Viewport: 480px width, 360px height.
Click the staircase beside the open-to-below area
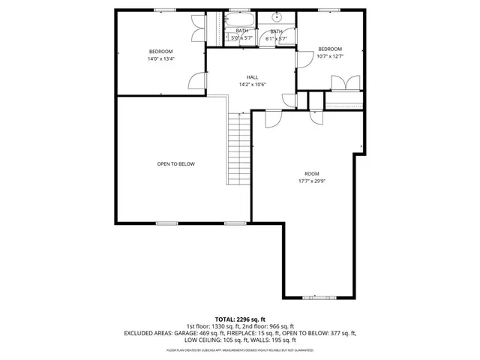[238, 148]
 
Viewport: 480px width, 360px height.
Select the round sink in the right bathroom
[276, 17]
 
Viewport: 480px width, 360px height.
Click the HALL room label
[253, 77]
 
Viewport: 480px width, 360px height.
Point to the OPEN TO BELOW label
[175, 163]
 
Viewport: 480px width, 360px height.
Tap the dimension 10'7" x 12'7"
[330, 55]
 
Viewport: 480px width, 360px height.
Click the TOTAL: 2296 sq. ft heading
[240, 319]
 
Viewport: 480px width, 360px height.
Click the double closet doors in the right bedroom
[346, 83]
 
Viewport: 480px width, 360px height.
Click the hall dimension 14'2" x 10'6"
[253, 84]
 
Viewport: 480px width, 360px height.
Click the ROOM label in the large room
[310, 173]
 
